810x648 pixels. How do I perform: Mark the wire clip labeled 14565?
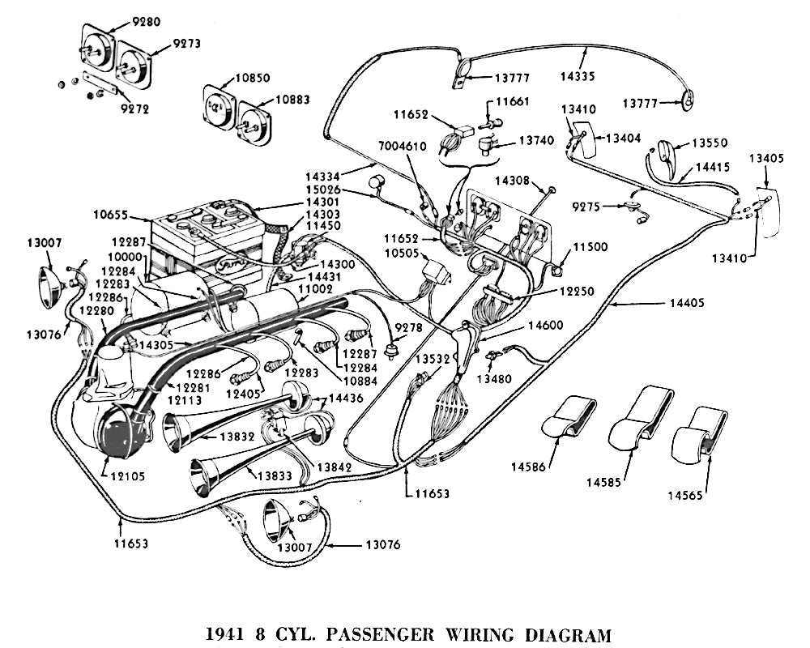point(701,433)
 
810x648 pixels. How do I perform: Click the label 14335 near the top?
point(599,78)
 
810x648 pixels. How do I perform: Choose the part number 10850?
point(253,79)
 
